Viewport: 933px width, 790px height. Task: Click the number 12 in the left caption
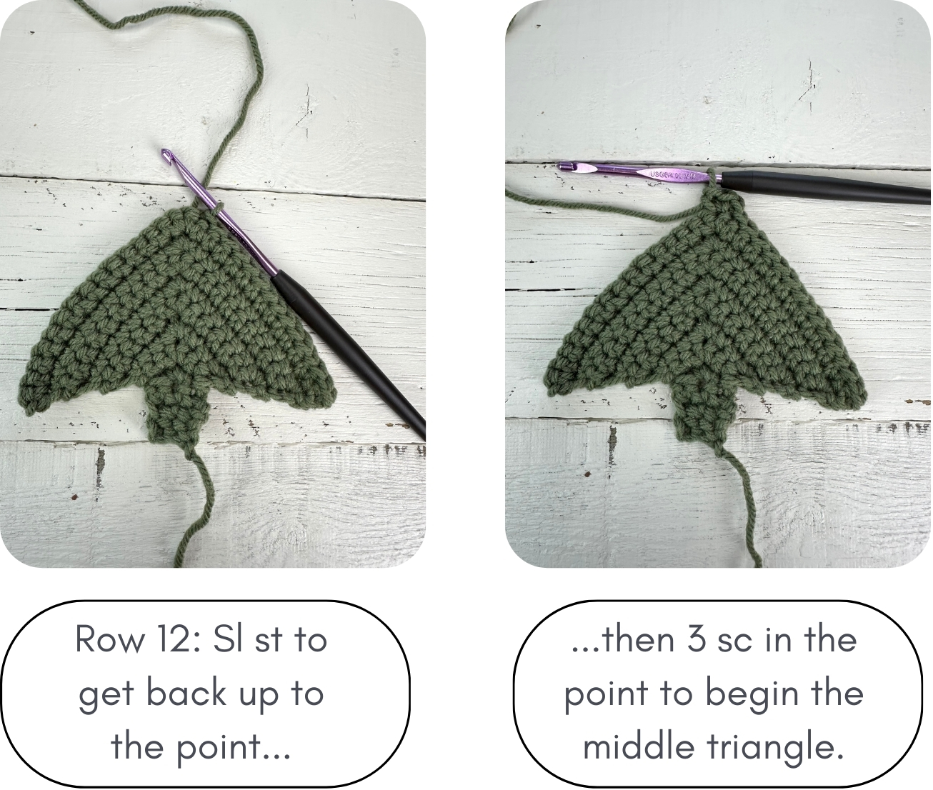172,639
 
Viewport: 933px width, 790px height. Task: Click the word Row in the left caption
106,639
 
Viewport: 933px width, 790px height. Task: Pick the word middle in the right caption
638,747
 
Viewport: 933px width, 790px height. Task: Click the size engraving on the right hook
672,174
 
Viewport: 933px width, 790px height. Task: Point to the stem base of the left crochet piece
175,429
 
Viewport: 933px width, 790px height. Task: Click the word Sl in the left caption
226,639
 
